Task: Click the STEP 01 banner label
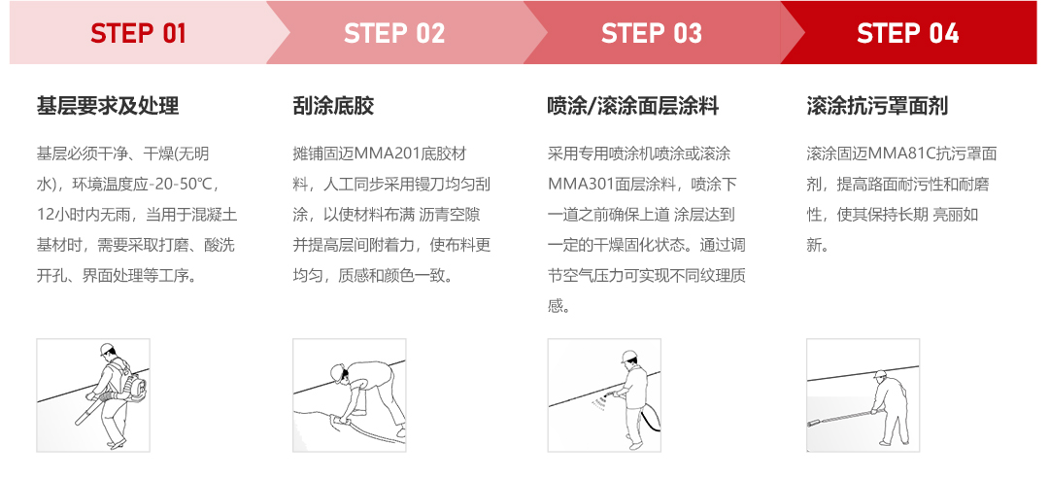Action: (138, 33)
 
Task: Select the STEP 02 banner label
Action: (394, 33)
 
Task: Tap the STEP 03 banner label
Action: (651, 33)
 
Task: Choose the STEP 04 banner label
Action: (907, 33)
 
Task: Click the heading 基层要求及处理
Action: (108, 106)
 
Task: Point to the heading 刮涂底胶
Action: (333, 106)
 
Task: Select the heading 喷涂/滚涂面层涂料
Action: (633, 106)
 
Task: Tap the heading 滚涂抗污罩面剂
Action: (877, 106)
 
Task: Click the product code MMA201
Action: (397, 154)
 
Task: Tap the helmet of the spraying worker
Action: (630, 355)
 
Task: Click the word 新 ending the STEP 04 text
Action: (814, 246)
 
